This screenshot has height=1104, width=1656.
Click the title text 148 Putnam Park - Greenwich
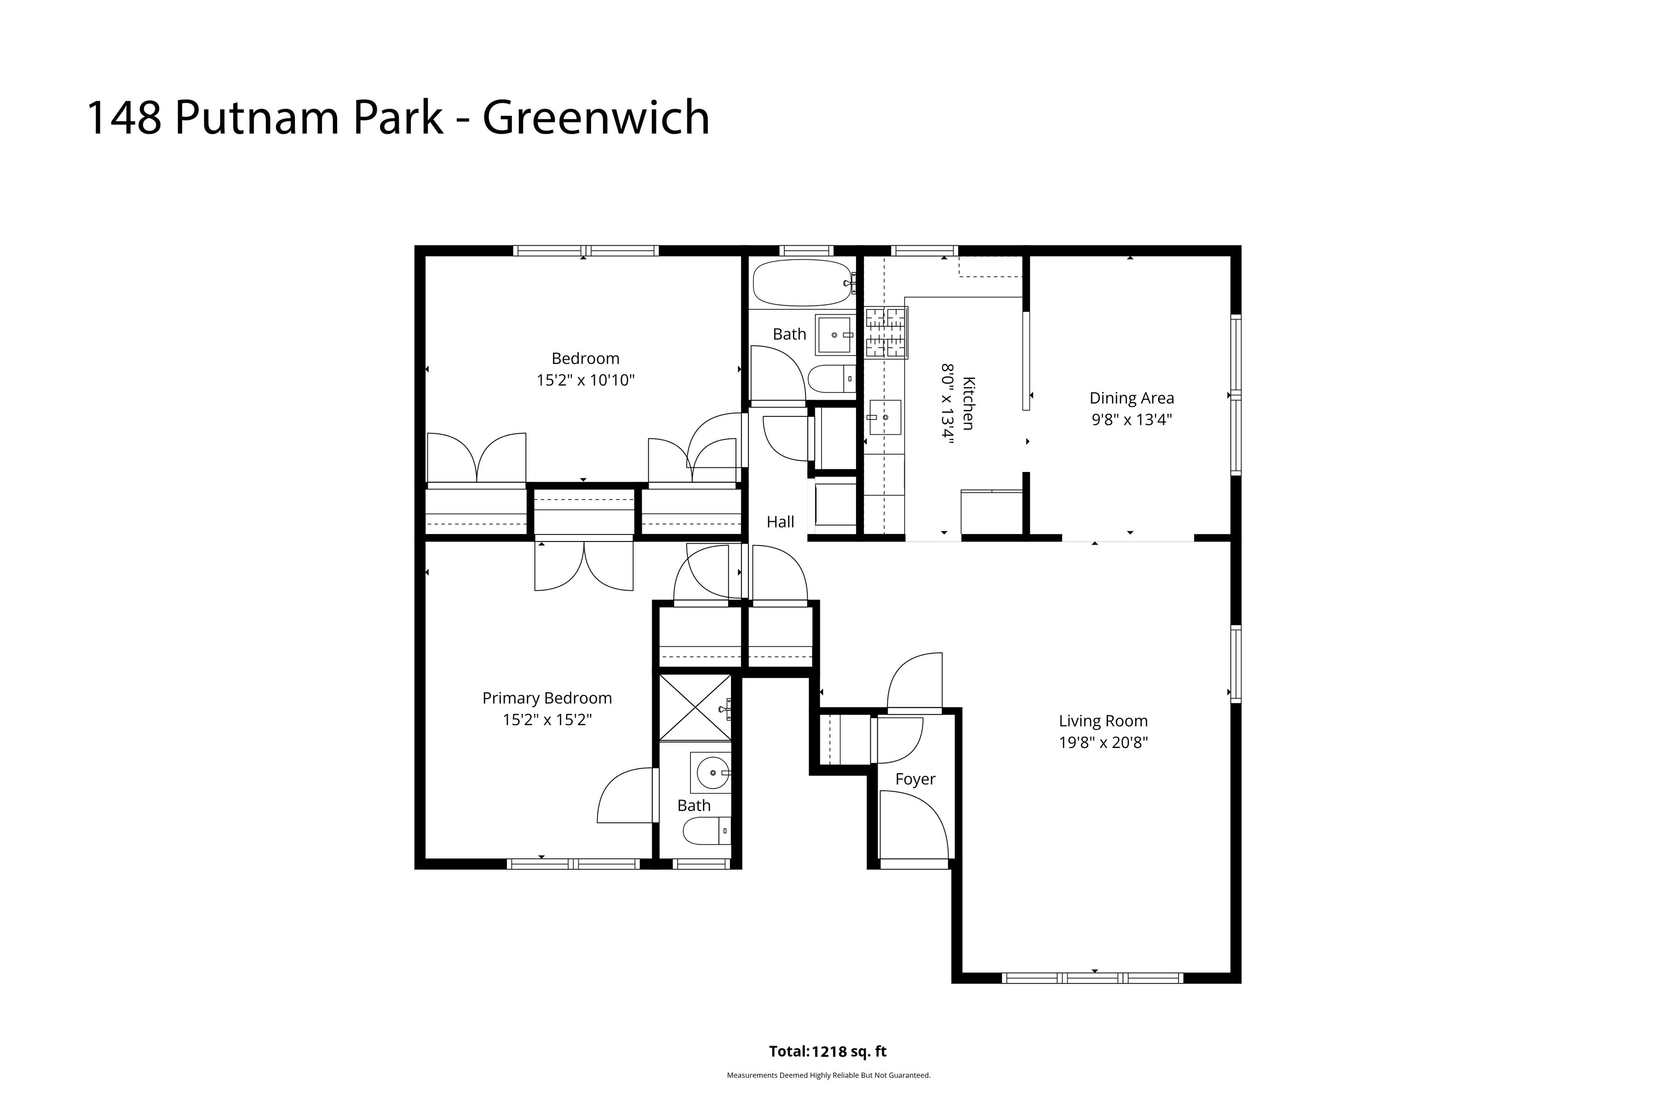coord(398,118)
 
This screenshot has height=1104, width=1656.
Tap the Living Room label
coord(1103,721)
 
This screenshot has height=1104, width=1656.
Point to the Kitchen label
coord(969,403)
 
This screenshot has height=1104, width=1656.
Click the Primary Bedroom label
coord(547,698)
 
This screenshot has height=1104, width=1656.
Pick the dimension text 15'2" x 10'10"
coord(585,381)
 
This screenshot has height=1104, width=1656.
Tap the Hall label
coord(780,522)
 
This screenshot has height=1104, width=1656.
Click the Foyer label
coord(914,779)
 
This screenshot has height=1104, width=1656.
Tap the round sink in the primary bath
coord(712,773)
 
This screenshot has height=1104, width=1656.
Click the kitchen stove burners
coord(886,332)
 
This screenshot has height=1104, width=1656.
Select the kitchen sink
coord(884,417)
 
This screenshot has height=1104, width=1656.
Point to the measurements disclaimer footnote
coord(828,1075)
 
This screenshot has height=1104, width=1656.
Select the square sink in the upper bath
coord(835,335)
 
